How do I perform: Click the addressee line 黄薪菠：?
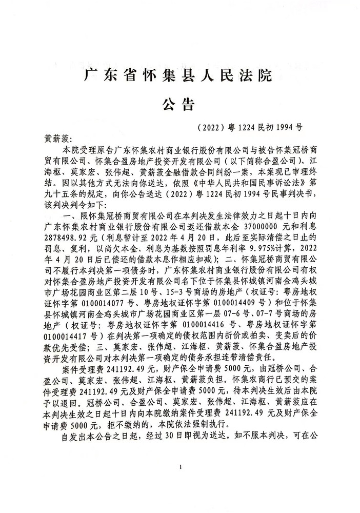pyautogui.click(x=61, y=139)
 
